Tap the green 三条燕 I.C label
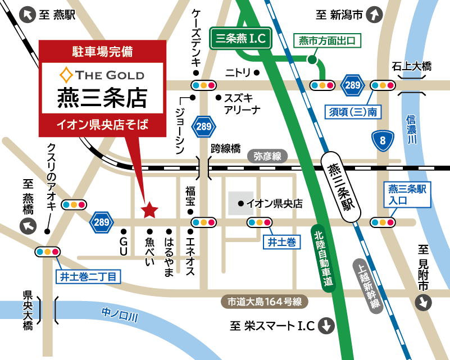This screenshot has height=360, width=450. click(241, 39)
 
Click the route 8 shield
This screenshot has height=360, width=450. click(383, 141)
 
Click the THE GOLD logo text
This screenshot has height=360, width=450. click(102, 75)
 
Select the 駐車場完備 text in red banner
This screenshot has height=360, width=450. click(102, 52)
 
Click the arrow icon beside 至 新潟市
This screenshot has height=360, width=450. click(374, 15)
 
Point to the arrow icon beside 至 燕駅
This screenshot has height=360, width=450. click(26, 15)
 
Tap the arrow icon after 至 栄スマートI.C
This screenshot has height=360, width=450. click(326, 326)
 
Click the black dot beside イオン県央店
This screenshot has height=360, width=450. click(240, 203)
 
